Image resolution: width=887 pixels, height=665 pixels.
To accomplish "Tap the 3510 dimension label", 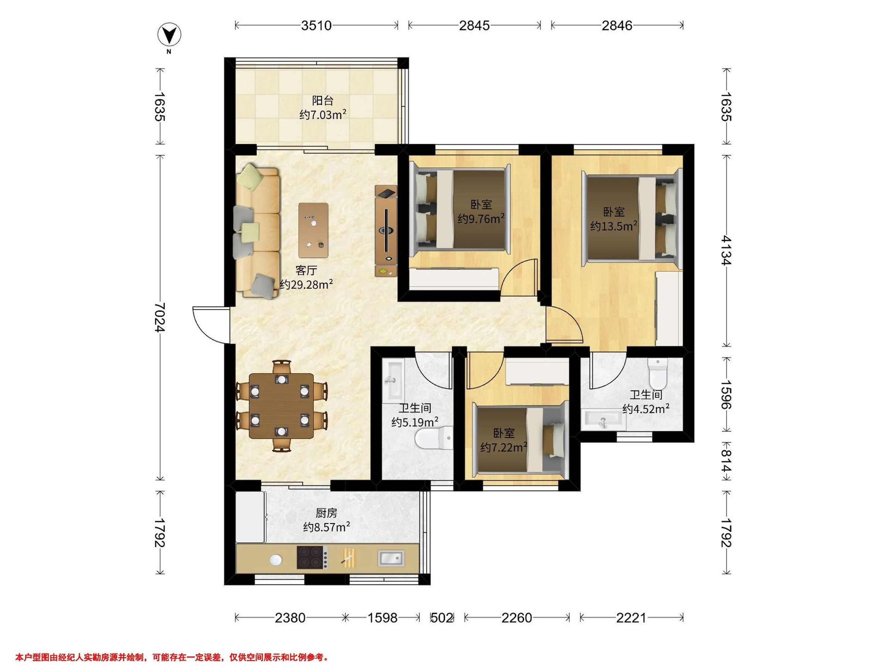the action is tap(316, 25).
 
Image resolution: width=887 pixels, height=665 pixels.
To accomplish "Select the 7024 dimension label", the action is tap(160, 317).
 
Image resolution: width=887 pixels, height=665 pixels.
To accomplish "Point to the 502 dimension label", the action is tap(442, 618).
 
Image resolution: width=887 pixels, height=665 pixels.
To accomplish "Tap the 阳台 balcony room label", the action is tap(323, 100).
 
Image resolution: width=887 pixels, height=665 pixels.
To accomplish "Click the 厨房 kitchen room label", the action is tap(326, 513).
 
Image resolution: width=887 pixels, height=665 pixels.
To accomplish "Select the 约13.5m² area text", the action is tap(614, 226).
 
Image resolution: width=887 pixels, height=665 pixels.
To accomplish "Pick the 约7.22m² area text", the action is tap(504, 447).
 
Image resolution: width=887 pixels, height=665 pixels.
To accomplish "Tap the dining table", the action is tap(282, 406).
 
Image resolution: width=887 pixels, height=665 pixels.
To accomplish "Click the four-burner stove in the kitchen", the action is tap(312, 557).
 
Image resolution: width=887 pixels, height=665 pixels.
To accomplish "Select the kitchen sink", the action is tap(391, 558).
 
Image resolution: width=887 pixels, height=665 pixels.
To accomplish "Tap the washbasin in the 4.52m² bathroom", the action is tap(603, 419).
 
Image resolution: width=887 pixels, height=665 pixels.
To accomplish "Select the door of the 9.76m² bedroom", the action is tap(519, 277).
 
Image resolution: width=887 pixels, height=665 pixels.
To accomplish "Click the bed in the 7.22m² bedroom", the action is tap(520, 439).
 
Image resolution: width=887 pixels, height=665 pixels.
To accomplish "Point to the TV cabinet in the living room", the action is tap(386, 231).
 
